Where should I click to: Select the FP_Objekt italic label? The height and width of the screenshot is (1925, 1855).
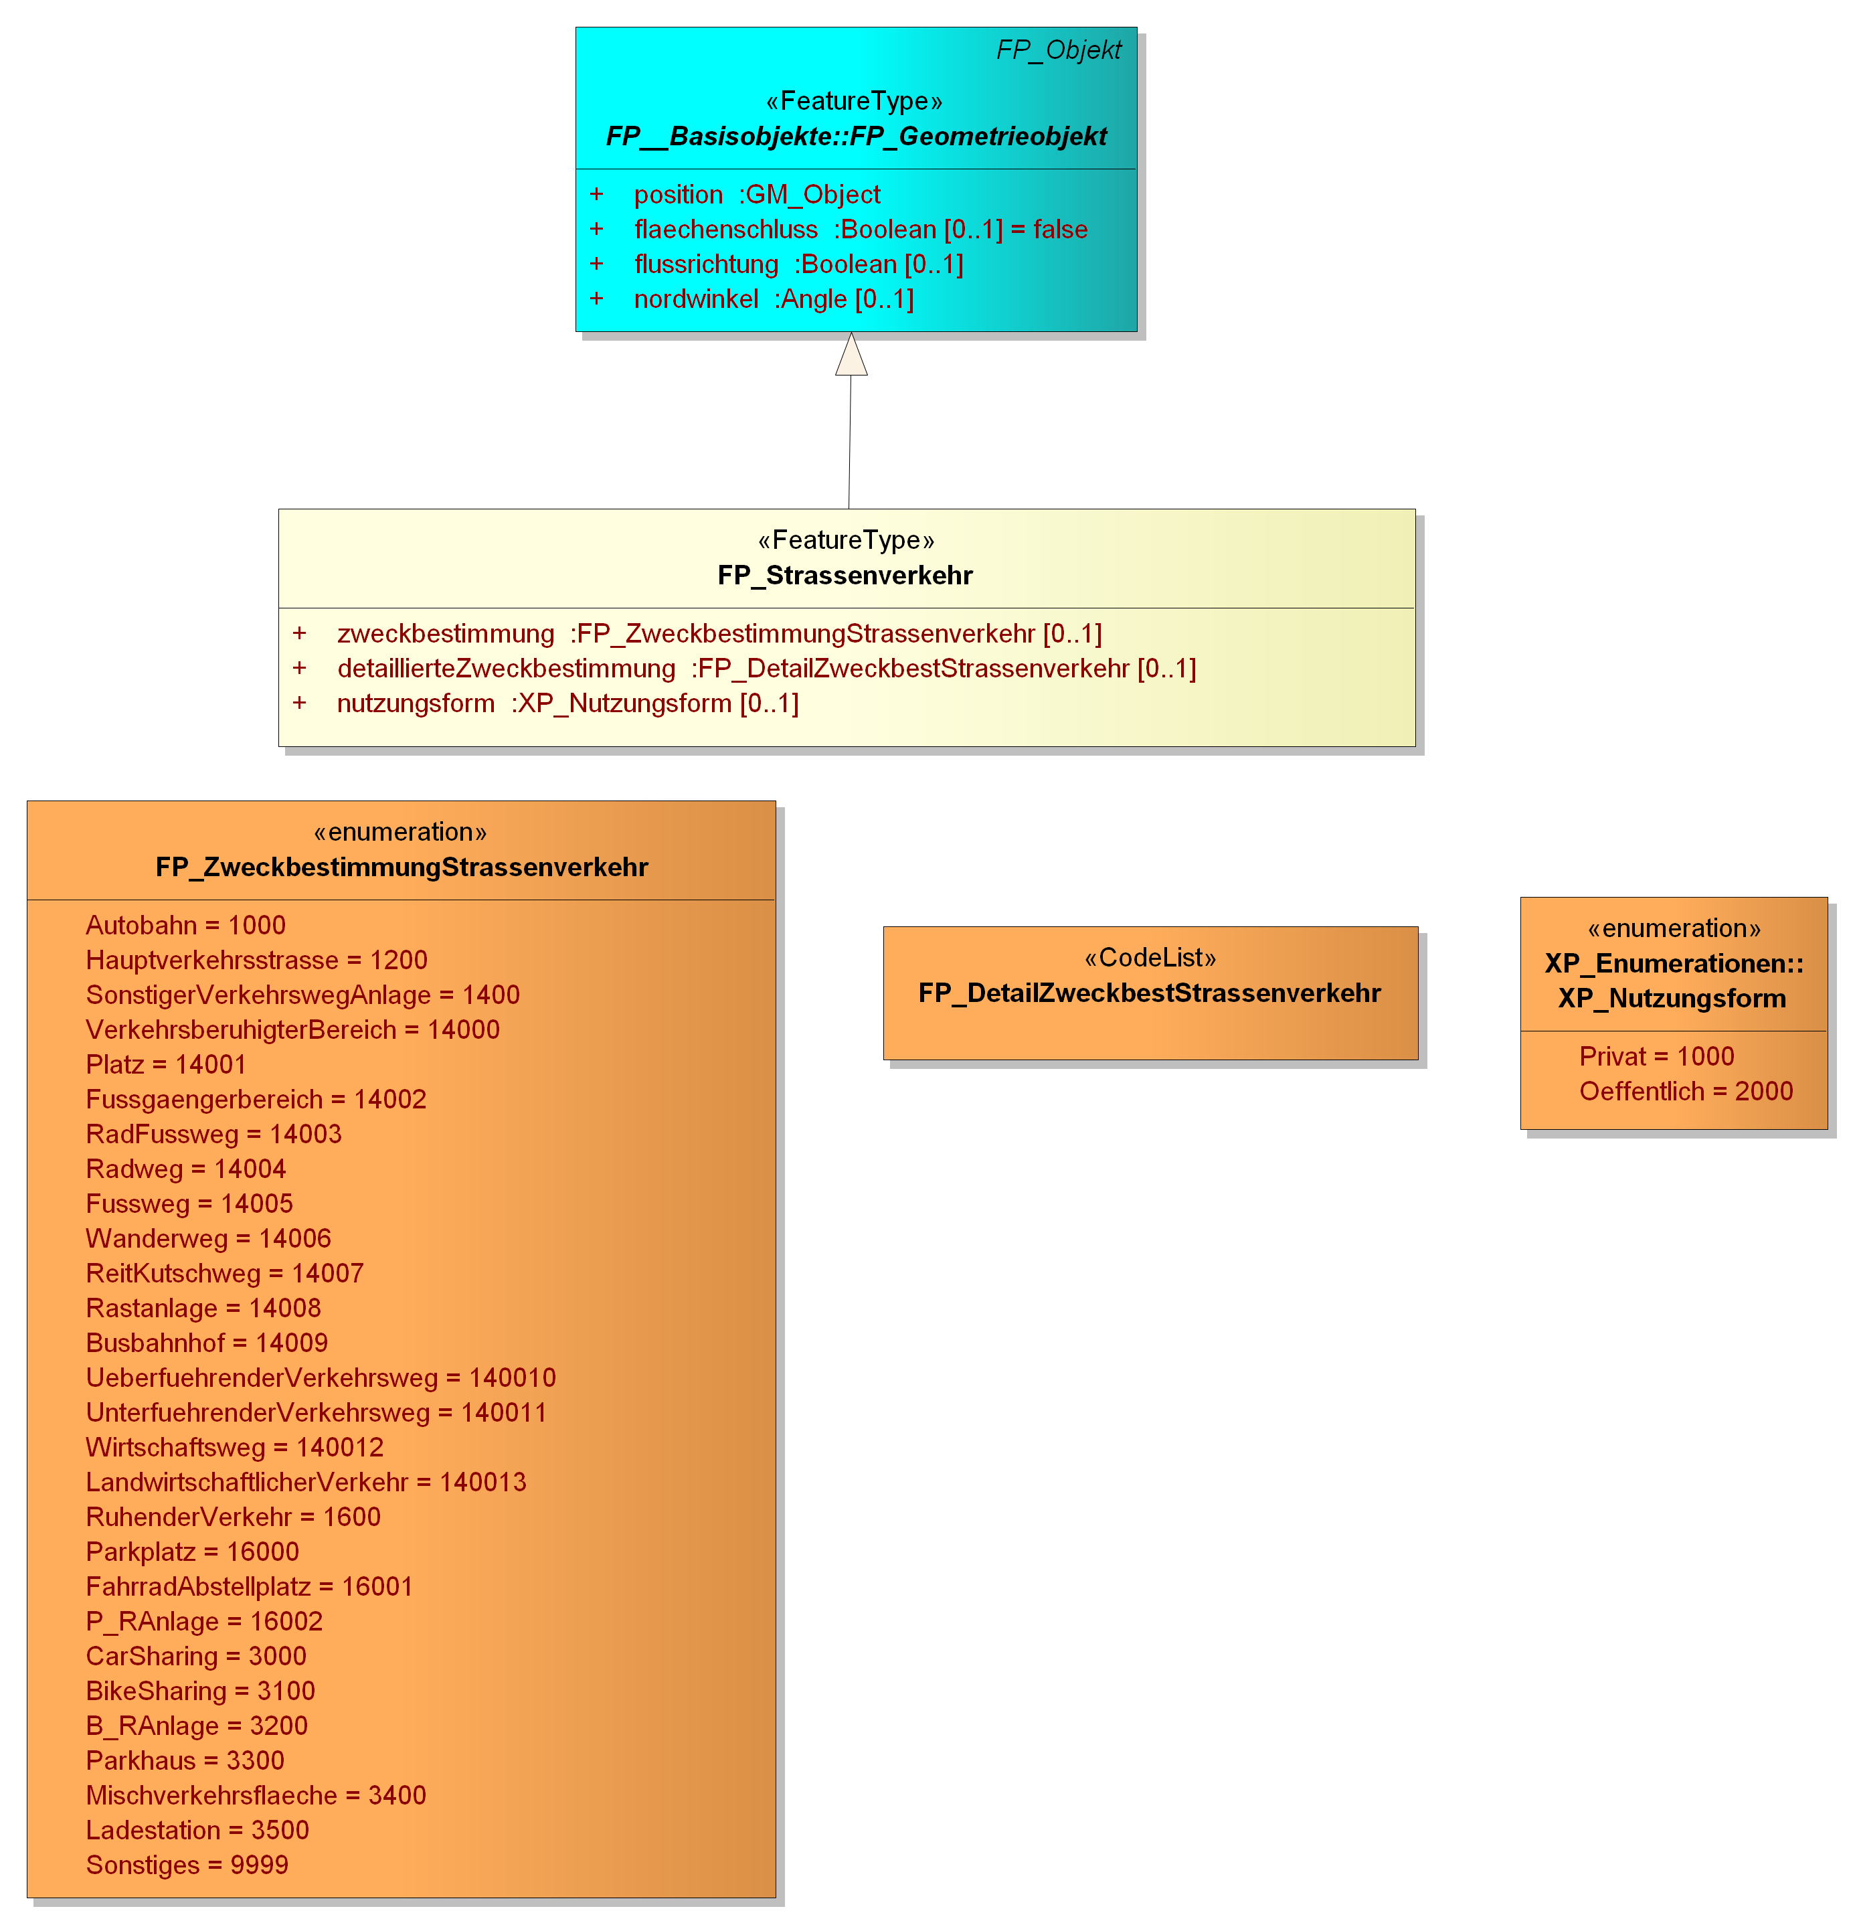(1059, 50)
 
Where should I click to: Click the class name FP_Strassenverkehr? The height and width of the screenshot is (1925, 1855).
(845, 576)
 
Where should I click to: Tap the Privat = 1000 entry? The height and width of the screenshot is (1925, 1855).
(1657, 1057)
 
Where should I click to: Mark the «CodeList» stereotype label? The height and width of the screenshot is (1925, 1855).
(1150, 958)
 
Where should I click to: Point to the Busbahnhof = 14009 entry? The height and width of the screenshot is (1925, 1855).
(207, 1343)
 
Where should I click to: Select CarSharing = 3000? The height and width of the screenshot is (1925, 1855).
(196, 1657)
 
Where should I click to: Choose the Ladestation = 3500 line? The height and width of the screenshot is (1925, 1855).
(197, 1831)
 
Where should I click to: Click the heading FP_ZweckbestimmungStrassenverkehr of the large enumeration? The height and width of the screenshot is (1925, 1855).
(402, 868)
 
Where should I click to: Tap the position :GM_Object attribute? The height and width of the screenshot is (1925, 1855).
(757, 195)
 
